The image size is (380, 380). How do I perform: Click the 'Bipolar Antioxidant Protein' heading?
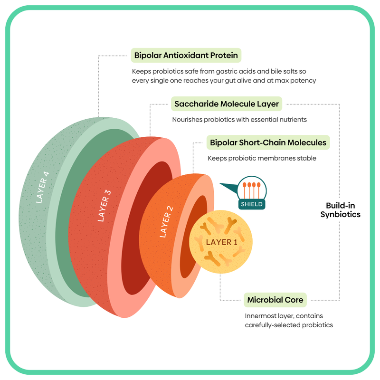(186, 55)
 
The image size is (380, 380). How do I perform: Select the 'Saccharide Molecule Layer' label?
(227, 104)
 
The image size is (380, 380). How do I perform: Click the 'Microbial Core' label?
(275, 300)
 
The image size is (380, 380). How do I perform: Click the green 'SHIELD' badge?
(251, 205)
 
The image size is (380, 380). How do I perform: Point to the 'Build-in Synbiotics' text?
(340, 210)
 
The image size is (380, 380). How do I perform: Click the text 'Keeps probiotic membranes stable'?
(262, 158)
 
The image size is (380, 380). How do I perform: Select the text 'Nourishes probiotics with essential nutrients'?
(239, 120)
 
